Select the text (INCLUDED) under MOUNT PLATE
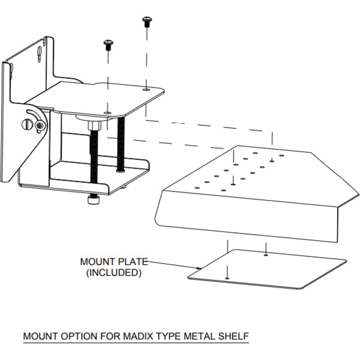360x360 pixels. (x=114, y=272)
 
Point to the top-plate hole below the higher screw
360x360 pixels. (x=145, y=89)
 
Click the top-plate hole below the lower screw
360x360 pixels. (x=108, y=112)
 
